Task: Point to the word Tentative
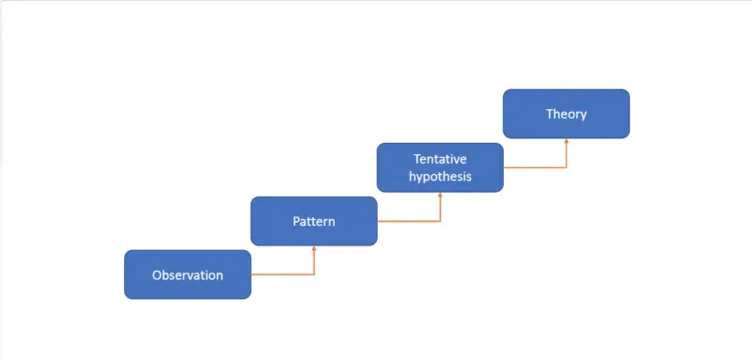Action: click(x=441, y=158)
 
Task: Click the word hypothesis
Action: click(x=441, y=176)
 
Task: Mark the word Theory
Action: click(x=566, y=114)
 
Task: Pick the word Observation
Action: click(x=188, y=275)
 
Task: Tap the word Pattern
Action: click(x=314, y=222)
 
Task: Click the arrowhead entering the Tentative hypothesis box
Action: click(x=440, y=196)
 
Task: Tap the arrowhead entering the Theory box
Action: click(x=567, y=142)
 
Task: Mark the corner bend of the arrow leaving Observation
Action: click(x=314, y=274)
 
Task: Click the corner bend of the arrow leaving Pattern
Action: click(x=440, y=221)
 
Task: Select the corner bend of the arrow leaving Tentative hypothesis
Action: click(x=567, y=167)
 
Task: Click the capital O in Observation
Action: click(x=157, y=275)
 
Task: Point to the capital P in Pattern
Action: click(x=295, y=222)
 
